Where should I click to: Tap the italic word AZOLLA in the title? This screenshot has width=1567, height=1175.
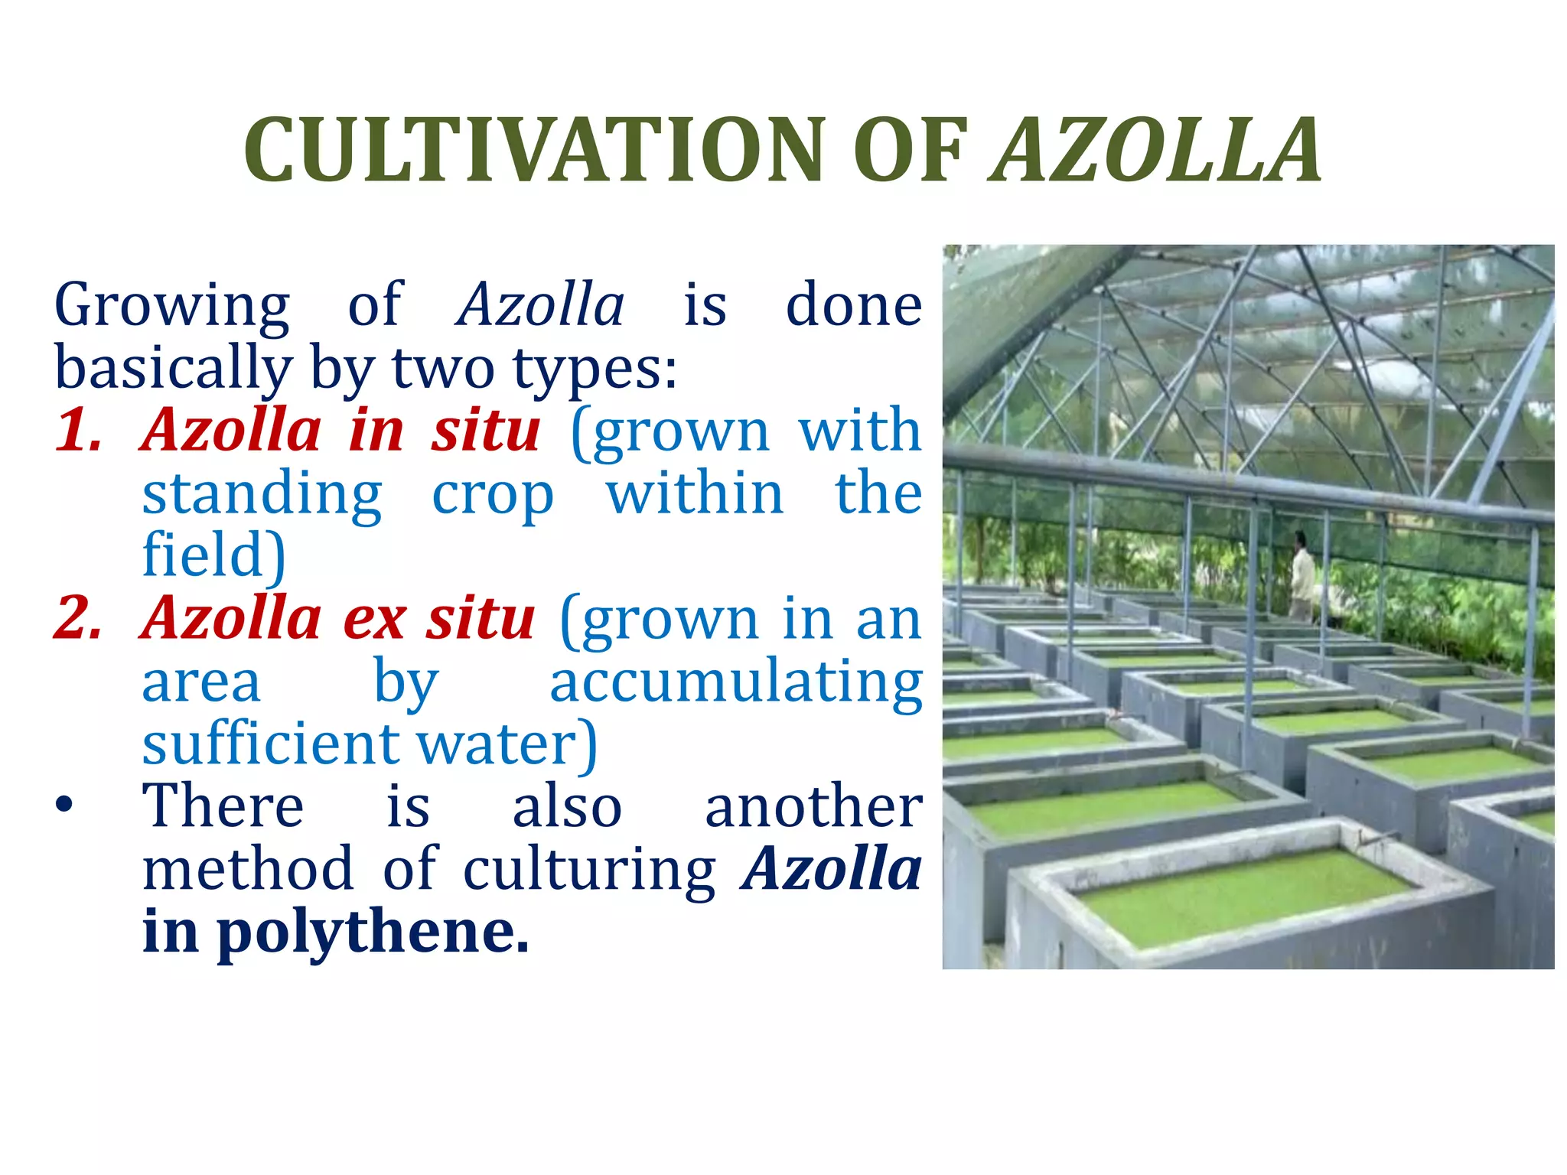[1155, 151]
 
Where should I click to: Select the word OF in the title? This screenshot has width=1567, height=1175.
[911, 151]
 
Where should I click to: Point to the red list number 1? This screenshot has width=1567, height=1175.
[79, 431]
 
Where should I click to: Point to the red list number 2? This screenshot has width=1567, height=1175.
[79, 618]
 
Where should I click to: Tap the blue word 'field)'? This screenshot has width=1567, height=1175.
[214, 555]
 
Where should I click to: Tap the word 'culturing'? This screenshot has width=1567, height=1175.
[589, 870]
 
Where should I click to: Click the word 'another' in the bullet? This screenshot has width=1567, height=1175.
[813, 807]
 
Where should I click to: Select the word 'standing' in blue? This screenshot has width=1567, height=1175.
[262, 494]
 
